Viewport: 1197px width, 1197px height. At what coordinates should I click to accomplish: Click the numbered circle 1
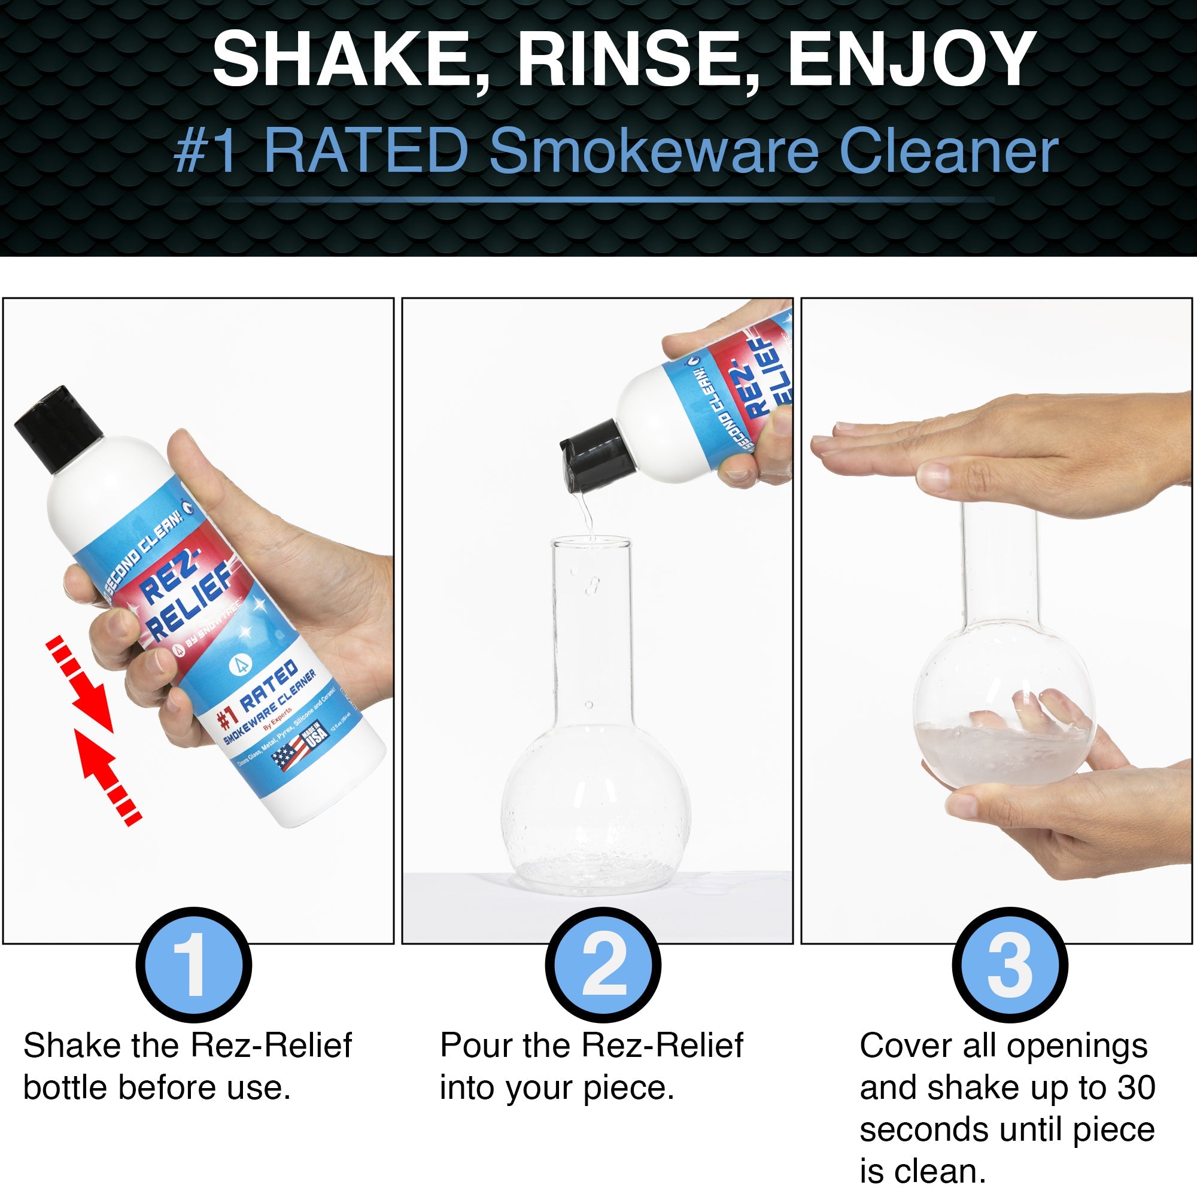pos(193,965)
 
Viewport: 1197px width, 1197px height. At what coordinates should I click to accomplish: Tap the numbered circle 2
pos(603,965)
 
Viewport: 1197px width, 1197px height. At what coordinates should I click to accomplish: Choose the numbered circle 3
pos(1009,965)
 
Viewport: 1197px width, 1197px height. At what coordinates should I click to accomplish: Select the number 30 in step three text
pos(1137,1087)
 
